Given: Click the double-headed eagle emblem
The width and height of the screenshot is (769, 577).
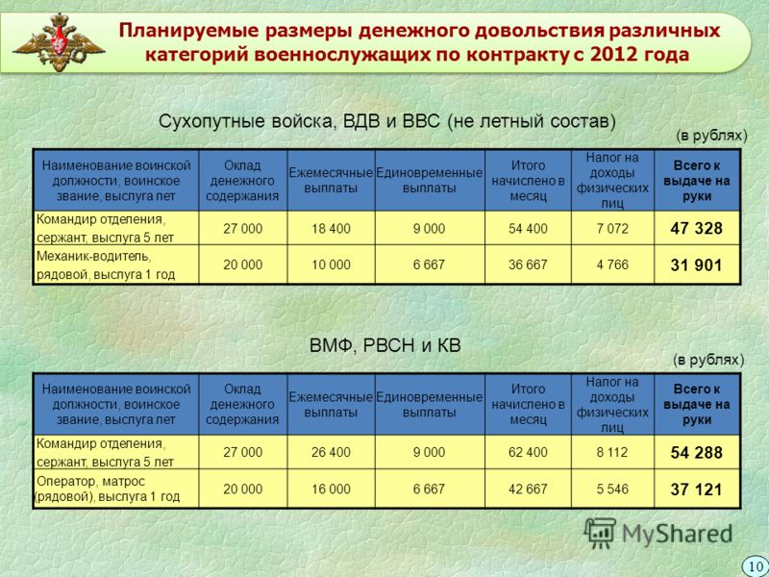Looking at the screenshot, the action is (59, 42).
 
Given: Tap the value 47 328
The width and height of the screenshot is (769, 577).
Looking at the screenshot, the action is (696, 228).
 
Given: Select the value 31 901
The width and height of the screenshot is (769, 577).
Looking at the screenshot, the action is (696, 265).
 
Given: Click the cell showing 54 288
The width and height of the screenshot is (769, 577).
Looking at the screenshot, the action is (696, 452).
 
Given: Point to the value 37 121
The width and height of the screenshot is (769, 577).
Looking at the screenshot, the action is (696, 489).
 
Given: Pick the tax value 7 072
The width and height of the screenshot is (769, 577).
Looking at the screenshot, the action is (612, 228).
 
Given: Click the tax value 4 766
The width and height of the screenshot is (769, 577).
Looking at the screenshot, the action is (612, 265).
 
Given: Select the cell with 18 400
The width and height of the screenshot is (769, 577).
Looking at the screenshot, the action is (331, 229).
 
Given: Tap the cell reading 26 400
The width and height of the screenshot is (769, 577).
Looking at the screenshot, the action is (331, 452).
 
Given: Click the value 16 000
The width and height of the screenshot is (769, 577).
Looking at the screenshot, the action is (331, 489).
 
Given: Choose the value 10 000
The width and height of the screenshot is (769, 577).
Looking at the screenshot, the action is (331, 265).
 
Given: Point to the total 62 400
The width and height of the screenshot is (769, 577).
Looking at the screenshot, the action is (528, 452).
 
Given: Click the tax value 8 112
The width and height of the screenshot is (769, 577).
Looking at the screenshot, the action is (612, 452).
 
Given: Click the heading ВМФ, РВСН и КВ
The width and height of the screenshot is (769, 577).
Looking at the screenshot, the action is (385, 346).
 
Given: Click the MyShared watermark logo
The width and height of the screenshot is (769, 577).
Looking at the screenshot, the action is (658, 533).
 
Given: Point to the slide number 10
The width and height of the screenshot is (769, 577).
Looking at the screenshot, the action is (756, 566).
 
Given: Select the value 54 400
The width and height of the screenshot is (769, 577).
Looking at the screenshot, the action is (528, 229).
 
